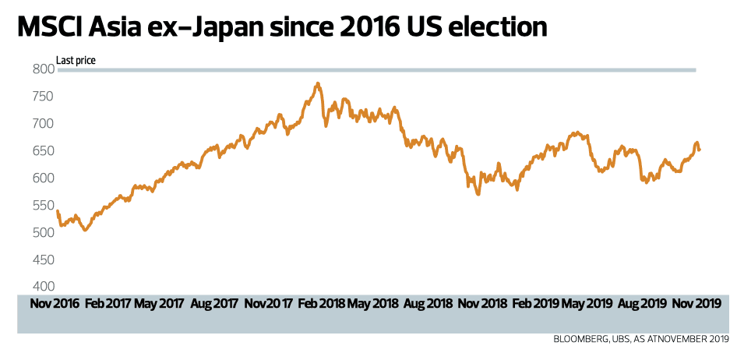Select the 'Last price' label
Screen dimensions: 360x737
(x=76, y=60)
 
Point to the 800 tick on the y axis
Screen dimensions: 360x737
(x=44, y=69)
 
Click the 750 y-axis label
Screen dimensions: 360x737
(x=44, y=97)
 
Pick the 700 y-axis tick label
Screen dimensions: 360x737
(x=44, y=124)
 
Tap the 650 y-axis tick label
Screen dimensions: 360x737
(x=44, y=151)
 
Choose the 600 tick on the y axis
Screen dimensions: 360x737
(x=44, y=178)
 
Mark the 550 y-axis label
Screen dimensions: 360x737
(x=44, y=206)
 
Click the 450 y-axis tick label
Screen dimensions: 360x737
(x=44, y=259)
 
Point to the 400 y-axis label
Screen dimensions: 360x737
(x=44, y=286)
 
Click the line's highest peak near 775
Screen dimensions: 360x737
(x=317, y=83)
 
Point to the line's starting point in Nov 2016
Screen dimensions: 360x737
(x=58, y=210)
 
